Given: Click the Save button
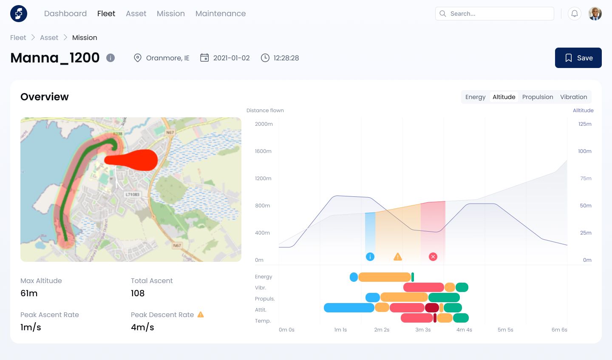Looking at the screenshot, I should pyautogui.click(x=578, y=58).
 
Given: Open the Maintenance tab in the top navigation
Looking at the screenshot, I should pyautogui.click(x=221, y=14).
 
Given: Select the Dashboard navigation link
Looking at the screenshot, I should pyautogui.click(x=65, y=14).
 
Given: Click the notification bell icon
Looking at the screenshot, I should pyautogui.click(x=575, y=14).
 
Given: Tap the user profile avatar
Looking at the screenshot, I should pyautogui.click(x=595, y=14).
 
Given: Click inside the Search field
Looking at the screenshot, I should pyautogui.click(x=497, y=14).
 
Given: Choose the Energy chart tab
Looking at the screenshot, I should pyautogui.click(x=475, y=97).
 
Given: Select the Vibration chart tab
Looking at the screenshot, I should pyautogui.click(x=573, y=97).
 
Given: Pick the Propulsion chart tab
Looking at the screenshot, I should pyautogui.click(x=538, y=97).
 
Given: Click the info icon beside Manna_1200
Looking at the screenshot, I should pyautogui.click(x=110, y=58).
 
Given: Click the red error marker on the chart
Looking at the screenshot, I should pyautogui.click(x=433, y=257).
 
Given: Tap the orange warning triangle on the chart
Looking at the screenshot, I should pyautogui.click(x=397, y=257).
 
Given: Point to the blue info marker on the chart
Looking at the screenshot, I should pyautogui.click(x=370, y=257).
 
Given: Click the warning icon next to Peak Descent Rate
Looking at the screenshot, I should pyautogui.click(x=201, y=315).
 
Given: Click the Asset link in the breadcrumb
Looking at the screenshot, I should pyautogui.click(x=49, y=37).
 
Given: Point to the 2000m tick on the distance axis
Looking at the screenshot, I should pyautogui.click(x=264, y=124).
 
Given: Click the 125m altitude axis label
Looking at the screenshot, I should pyautogui.click(x=585, y=124).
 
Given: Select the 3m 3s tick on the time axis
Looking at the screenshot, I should pyautogui.click(x=423, y=330).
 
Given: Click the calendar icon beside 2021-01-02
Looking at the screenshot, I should pyautogui.click(x=204, y=58).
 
